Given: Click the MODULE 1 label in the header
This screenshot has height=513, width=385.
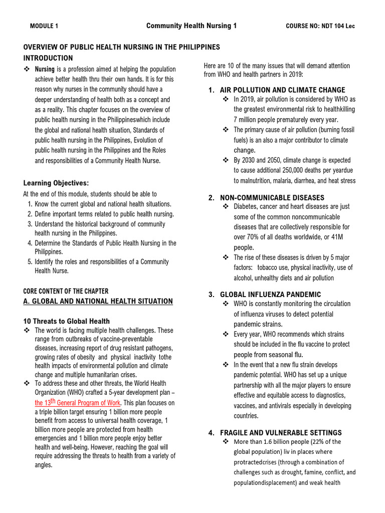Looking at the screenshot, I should [x=44, y=26].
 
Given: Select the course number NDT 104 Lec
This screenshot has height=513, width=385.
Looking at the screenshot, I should [x=320, y=26].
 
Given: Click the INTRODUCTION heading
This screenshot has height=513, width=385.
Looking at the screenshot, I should [x=48, y=58].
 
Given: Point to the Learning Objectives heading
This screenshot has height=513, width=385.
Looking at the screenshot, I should [x=56, y=183].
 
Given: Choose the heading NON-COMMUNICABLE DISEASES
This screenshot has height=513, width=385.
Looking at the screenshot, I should [x=272, y=197].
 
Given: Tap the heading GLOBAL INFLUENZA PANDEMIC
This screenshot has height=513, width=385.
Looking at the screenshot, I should [x=271, y=294].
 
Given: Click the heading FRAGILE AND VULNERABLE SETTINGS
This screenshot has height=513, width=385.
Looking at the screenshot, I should [x=281, y=432].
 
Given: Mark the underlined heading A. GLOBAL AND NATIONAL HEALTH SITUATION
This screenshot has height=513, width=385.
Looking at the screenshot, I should [x=98, y=301].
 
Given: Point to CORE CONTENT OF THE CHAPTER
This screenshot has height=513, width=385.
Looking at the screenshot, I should [x=66, y=291].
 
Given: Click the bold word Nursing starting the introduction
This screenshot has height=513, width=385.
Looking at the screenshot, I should [x=44, y=69].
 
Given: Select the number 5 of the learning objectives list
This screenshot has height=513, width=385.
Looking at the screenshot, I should [x=30, y=262].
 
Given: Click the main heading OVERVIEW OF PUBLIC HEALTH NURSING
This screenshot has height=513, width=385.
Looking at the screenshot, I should [x=122, y=47].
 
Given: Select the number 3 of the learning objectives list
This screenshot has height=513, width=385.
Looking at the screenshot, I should [x=30, y=224].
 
